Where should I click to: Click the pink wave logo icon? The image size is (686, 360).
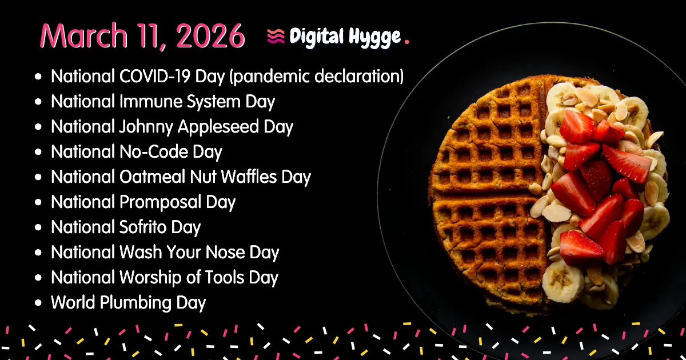coord(276,37)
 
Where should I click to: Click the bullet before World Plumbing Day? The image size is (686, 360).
coord(38,303)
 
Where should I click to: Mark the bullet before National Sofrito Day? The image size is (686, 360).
coord(38,227)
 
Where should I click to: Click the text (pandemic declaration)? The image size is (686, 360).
coord(316,77)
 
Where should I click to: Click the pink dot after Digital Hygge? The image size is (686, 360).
coord(406,41)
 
